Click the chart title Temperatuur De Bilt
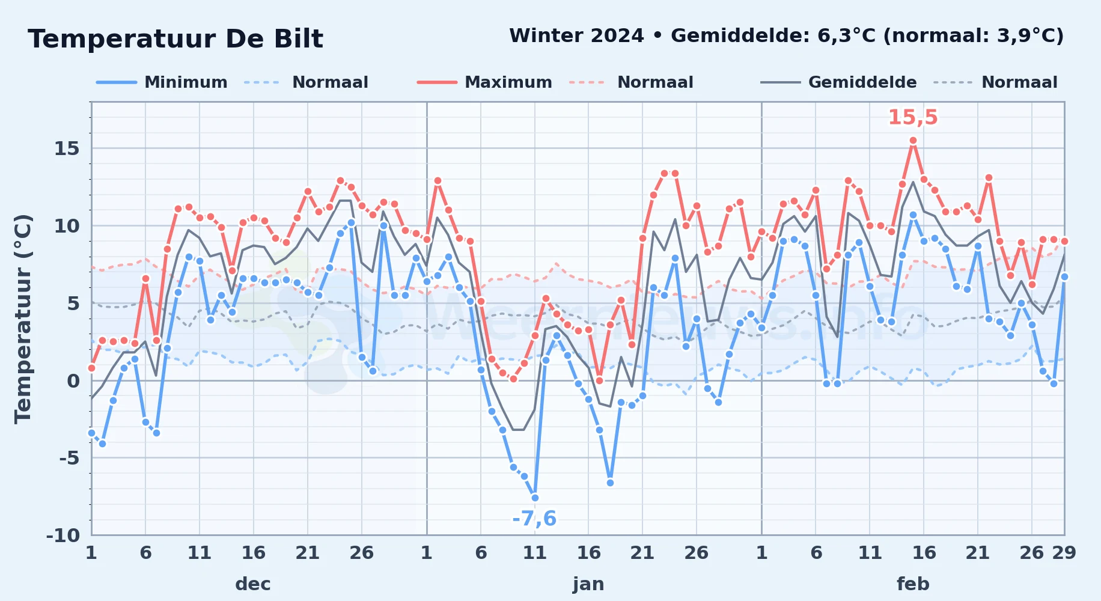tap(175, 39)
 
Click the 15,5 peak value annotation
tap(913, 117)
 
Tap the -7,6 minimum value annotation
tap(534, 518)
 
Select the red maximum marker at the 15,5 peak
tap(913, 141)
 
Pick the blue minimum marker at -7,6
tap(535, 498)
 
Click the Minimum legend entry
tap(162, 82)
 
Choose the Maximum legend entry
tap(484, 82)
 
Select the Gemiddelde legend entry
tap(838, 82)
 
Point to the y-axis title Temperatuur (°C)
tap(23, 319)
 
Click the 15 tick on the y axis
tap(67, 148)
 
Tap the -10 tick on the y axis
tap(63, 535)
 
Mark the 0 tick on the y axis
tap(73, 380)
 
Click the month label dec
tap(253, 584)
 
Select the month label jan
tap(588, 584)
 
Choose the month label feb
tap(913, 584)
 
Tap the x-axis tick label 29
tap(1064, 552)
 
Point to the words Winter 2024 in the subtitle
tap(576, 35)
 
